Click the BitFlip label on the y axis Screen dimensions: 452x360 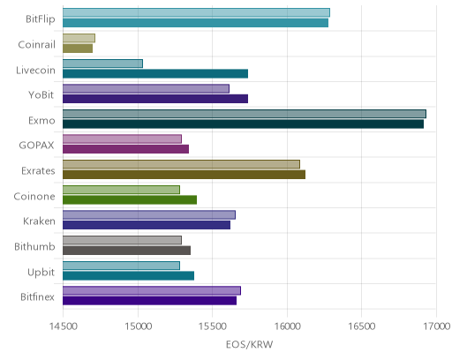click(x=41, y=19)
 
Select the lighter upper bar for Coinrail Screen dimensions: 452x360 click(x=79, y=38)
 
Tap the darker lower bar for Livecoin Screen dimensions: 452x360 click(x=155, y=73)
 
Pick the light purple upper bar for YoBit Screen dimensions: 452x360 click(x=146, y=88)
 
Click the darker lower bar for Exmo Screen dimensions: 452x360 click(x=244, y=124)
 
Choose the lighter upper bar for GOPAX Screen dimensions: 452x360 click(x=122, y=139)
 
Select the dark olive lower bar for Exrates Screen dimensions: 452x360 click(x=184, y=175)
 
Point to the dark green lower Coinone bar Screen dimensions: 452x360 click(x=130, y=199)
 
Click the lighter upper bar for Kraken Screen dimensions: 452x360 click(x=149, y=215)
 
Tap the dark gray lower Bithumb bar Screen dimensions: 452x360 click(x=126, y=251)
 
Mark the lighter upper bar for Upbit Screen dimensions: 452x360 click(x=121, y=266)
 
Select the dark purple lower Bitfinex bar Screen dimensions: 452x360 click(x=149, y=301)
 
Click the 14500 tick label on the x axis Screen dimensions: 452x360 click(x=63, y=326)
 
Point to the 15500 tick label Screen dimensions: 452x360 click(x=212, y=326)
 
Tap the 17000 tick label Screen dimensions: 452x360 click(x=437, y=326)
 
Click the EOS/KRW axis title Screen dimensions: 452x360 click(x=249, y=344)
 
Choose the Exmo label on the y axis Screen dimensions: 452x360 click(x=41, y=121)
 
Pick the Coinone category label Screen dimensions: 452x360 click(x=34, y=196)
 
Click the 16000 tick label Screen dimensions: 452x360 click(x=287, y=326)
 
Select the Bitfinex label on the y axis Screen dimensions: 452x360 click(x=37, y=296)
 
